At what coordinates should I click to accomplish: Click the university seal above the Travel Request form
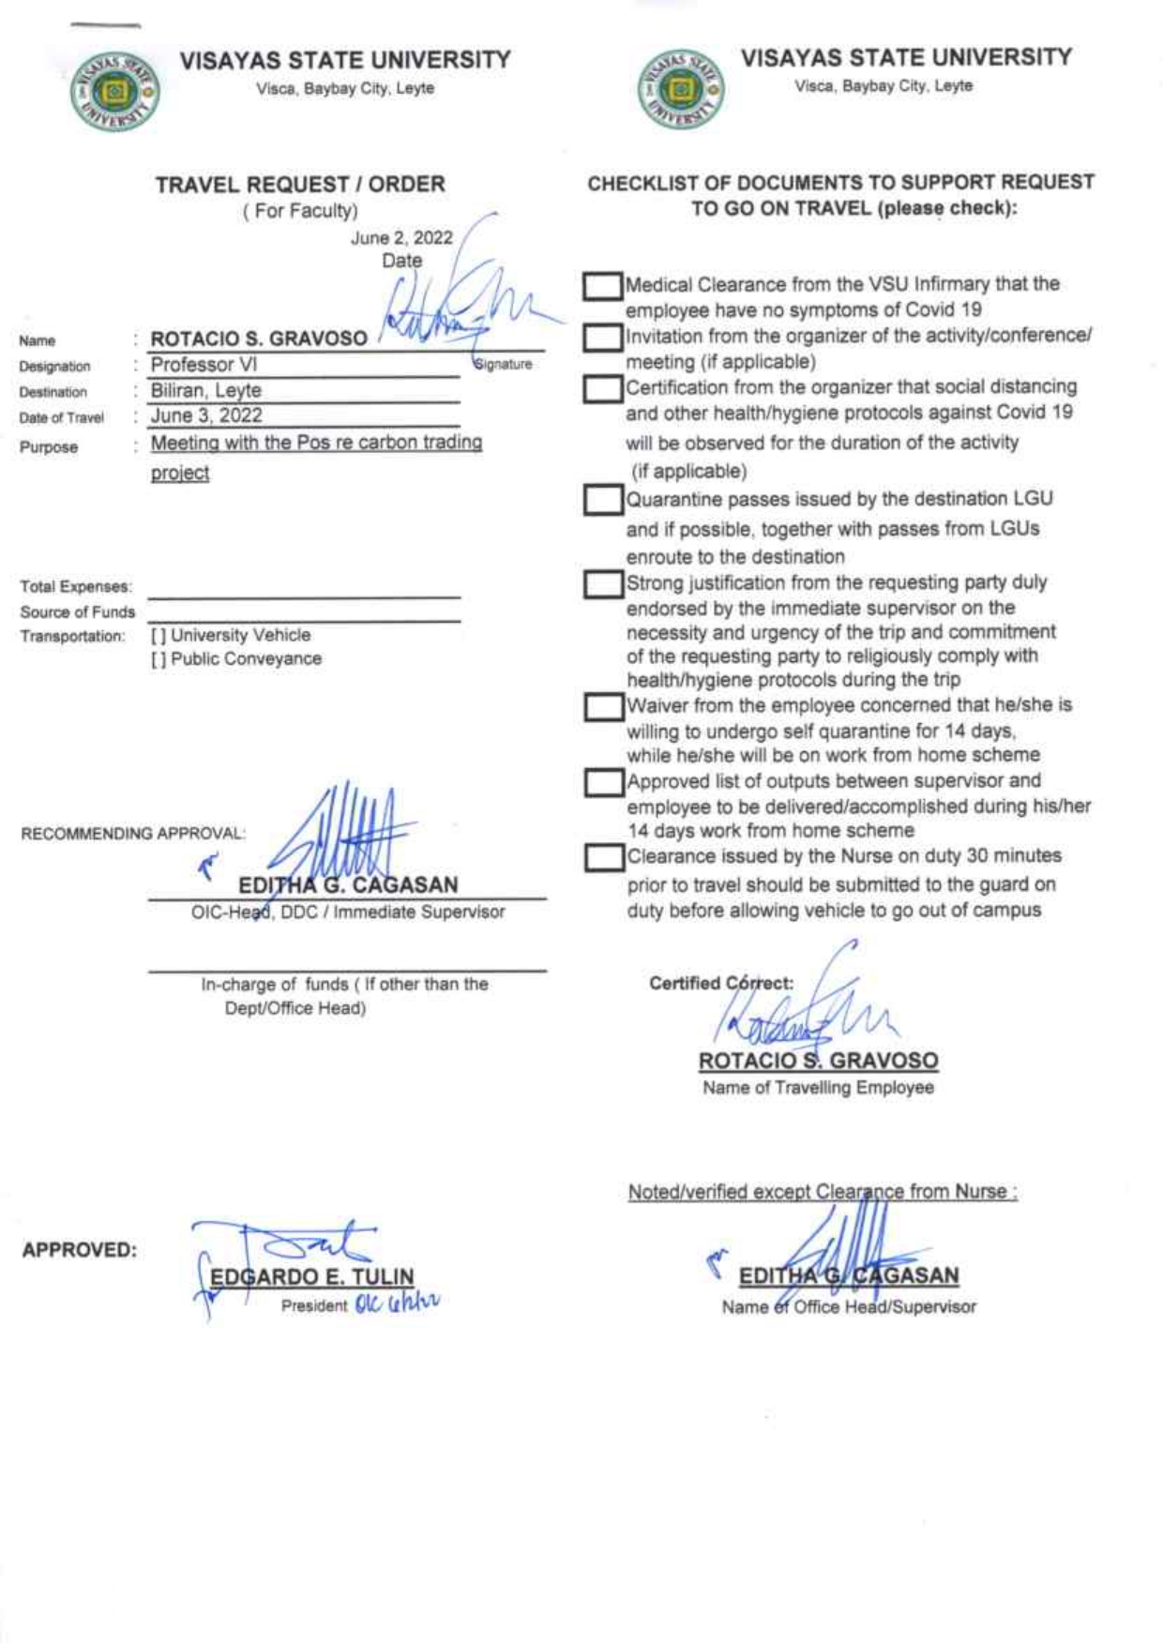click(114, 92)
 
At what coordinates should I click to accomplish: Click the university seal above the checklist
click(680, 90)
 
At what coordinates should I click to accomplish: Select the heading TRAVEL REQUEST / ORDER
click(300, 185)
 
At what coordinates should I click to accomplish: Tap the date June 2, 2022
click(401, 238)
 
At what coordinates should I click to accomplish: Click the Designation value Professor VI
click(204, 365)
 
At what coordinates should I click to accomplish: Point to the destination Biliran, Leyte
click(206, 390)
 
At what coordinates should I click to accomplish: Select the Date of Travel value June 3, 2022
click(206, 415)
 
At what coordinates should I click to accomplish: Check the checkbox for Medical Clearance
click(602, 286)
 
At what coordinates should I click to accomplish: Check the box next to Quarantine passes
click(602, 500)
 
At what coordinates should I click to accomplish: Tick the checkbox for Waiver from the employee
click(603, 706)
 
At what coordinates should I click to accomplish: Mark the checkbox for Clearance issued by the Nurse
click(604, 857)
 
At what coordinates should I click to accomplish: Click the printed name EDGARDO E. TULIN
click(312, 1277)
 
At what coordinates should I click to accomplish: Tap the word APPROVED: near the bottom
click(79, 1250)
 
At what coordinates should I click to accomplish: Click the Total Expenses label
click(76, 587)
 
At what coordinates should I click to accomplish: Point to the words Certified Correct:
click(720, 983)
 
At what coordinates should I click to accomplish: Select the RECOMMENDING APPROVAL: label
click(132, 834)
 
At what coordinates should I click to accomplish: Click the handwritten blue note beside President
click(397, 1304)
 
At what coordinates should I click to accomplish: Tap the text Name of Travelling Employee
click(818, 1088)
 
